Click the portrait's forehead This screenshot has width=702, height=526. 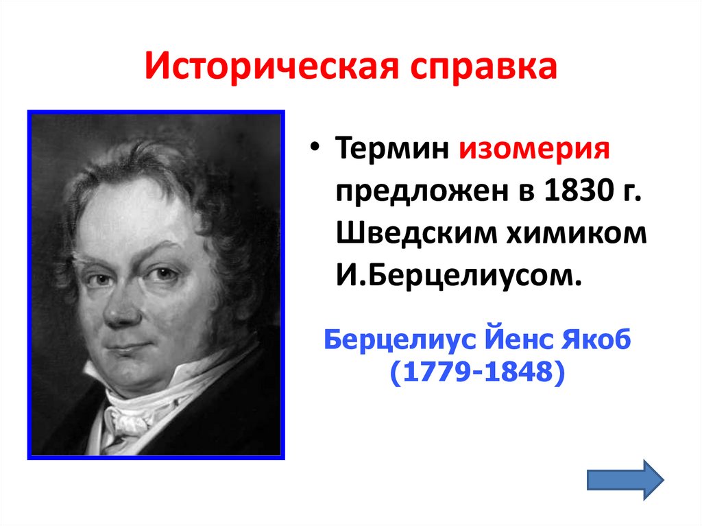130,219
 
